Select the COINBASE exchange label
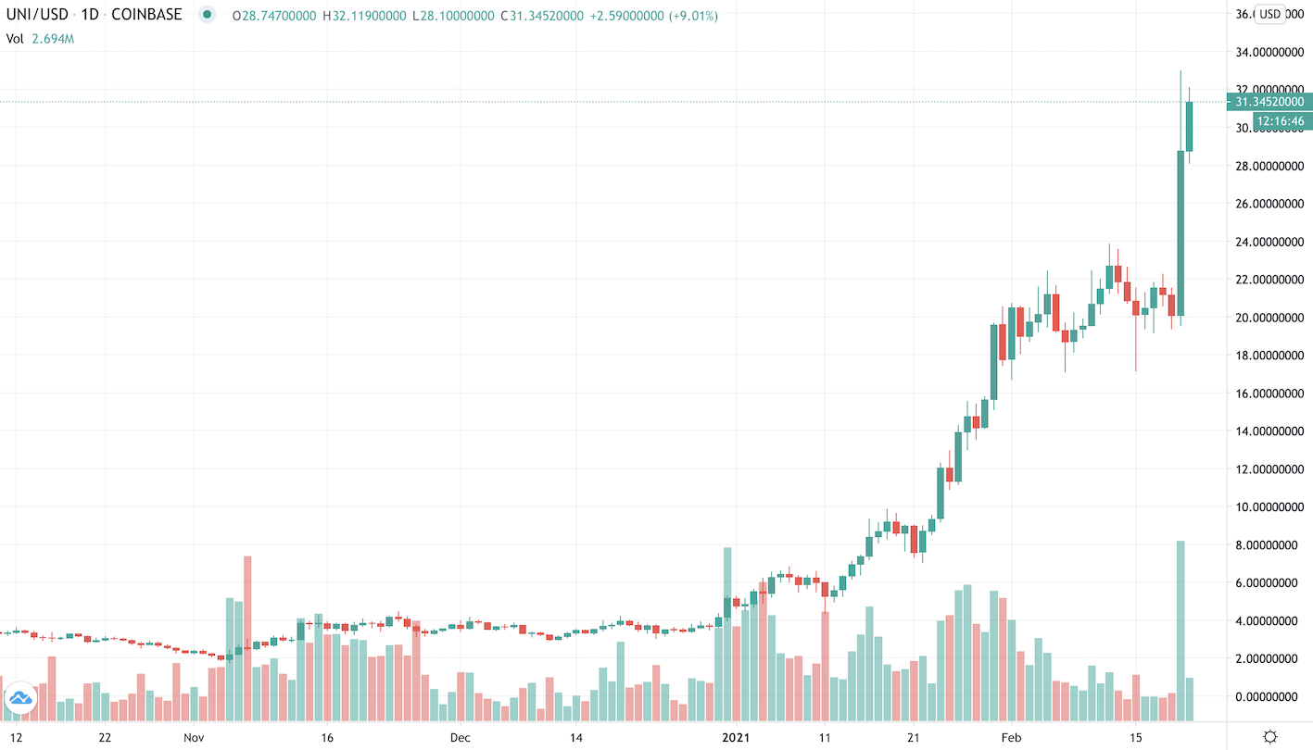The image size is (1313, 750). coord(145,16)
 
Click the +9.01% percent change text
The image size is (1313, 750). coord(685,16)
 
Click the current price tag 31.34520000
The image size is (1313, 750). coord(1269,102)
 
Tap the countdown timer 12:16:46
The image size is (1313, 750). coord(1280,121)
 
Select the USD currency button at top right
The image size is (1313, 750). coord(1269,14)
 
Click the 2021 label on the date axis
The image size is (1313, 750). coord(738,737)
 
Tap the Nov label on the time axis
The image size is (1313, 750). coord(194,737)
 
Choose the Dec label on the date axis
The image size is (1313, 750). coord(461,737)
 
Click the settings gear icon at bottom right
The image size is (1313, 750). coord(1269,737)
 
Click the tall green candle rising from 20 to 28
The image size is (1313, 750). coord(1180,233)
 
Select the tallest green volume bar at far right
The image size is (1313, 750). coord(1180,630)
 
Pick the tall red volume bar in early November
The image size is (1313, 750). coord(247,637)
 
